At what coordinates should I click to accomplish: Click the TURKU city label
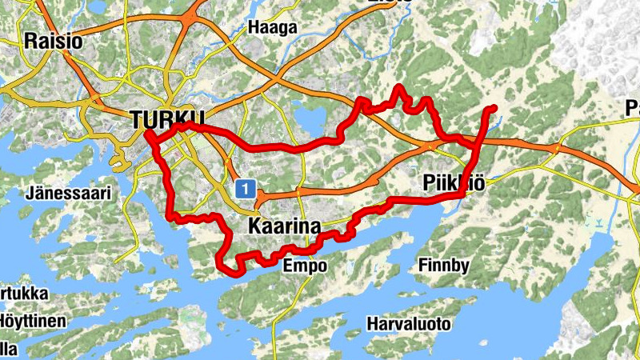pos(168,119)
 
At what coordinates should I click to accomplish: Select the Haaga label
pos(272,27)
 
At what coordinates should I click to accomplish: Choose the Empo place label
pos(305,266)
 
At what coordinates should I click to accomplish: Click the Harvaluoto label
pos(409,324)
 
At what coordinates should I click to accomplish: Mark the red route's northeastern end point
pos(493,108)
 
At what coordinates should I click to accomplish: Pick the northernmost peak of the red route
pos(399,87)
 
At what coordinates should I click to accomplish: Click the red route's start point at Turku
pos(149,134)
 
